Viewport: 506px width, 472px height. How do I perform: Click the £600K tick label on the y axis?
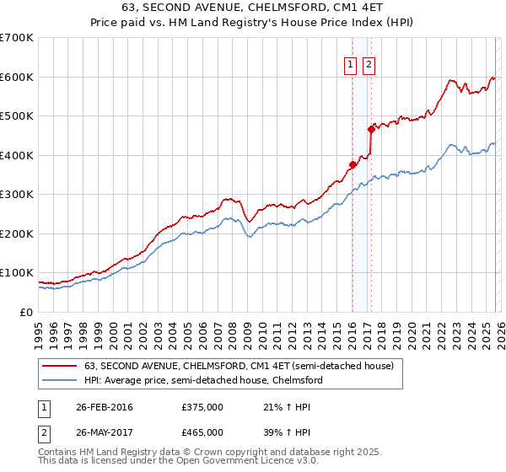click(17, 77)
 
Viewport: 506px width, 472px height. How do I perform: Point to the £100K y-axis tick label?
click(17, 273)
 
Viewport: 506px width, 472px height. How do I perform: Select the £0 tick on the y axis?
click(27, 313)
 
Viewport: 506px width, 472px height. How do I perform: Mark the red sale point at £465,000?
click(371, 129)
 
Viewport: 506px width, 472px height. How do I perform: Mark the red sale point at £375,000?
click(353, 164)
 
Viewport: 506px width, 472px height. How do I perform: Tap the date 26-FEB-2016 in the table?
click(104, 407)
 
